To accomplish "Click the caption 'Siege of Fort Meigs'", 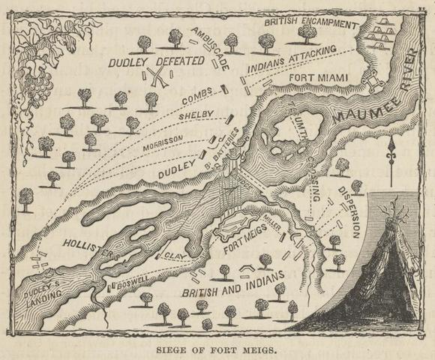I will coord(217,348).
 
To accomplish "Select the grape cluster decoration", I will coord(34,75).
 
